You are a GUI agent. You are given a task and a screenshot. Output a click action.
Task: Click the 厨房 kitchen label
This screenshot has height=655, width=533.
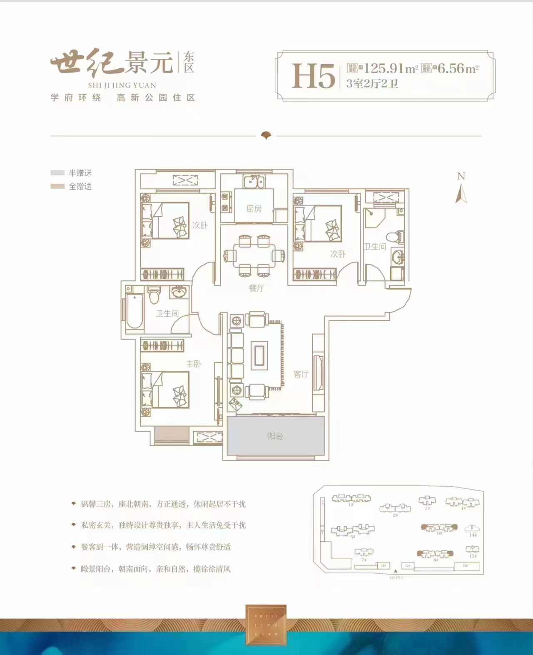click(254, 209)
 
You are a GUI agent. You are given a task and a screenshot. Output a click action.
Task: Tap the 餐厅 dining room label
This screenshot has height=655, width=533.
click(256, 288)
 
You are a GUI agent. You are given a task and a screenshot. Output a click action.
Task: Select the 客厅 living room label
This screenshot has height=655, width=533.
click(301, 374)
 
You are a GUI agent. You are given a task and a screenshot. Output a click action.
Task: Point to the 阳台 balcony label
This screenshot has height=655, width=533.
click(275, 436)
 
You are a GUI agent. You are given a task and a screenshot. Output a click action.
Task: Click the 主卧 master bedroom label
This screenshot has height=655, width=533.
click(194, 364)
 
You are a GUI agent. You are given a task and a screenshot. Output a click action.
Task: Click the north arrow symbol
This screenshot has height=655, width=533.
click(461, 194)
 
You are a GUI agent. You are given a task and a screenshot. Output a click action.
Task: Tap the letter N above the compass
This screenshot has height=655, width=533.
click(461, 176)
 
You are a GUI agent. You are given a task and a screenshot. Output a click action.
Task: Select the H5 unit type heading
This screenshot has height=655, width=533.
click(313, 76)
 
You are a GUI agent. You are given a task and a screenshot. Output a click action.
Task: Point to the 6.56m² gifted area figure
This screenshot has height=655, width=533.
click(458, 68)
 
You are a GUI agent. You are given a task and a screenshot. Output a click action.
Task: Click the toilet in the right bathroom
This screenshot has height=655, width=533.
click(398, 237)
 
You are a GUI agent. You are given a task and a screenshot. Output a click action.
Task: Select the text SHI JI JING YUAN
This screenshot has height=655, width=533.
click(122, 85)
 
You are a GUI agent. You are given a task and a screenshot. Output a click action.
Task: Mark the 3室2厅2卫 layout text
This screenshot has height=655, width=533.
click(372, 83)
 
